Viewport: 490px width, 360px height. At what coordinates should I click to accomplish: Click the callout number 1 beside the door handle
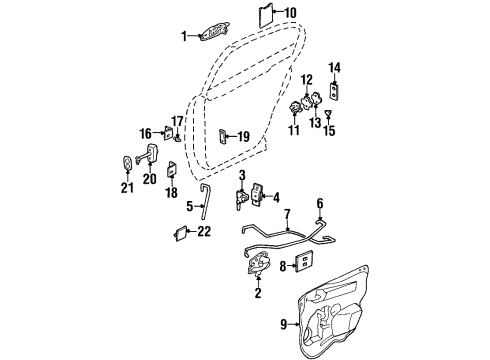[x=184, y=36]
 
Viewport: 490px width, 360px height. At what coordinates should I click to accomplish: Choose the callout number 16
[x=145, y=132]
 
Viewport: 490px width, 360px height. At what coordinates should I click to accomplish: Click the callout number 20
[x=149, y=180]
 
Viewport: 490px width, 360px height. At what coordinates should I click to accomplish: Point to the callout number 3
[x=242, y=176]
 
